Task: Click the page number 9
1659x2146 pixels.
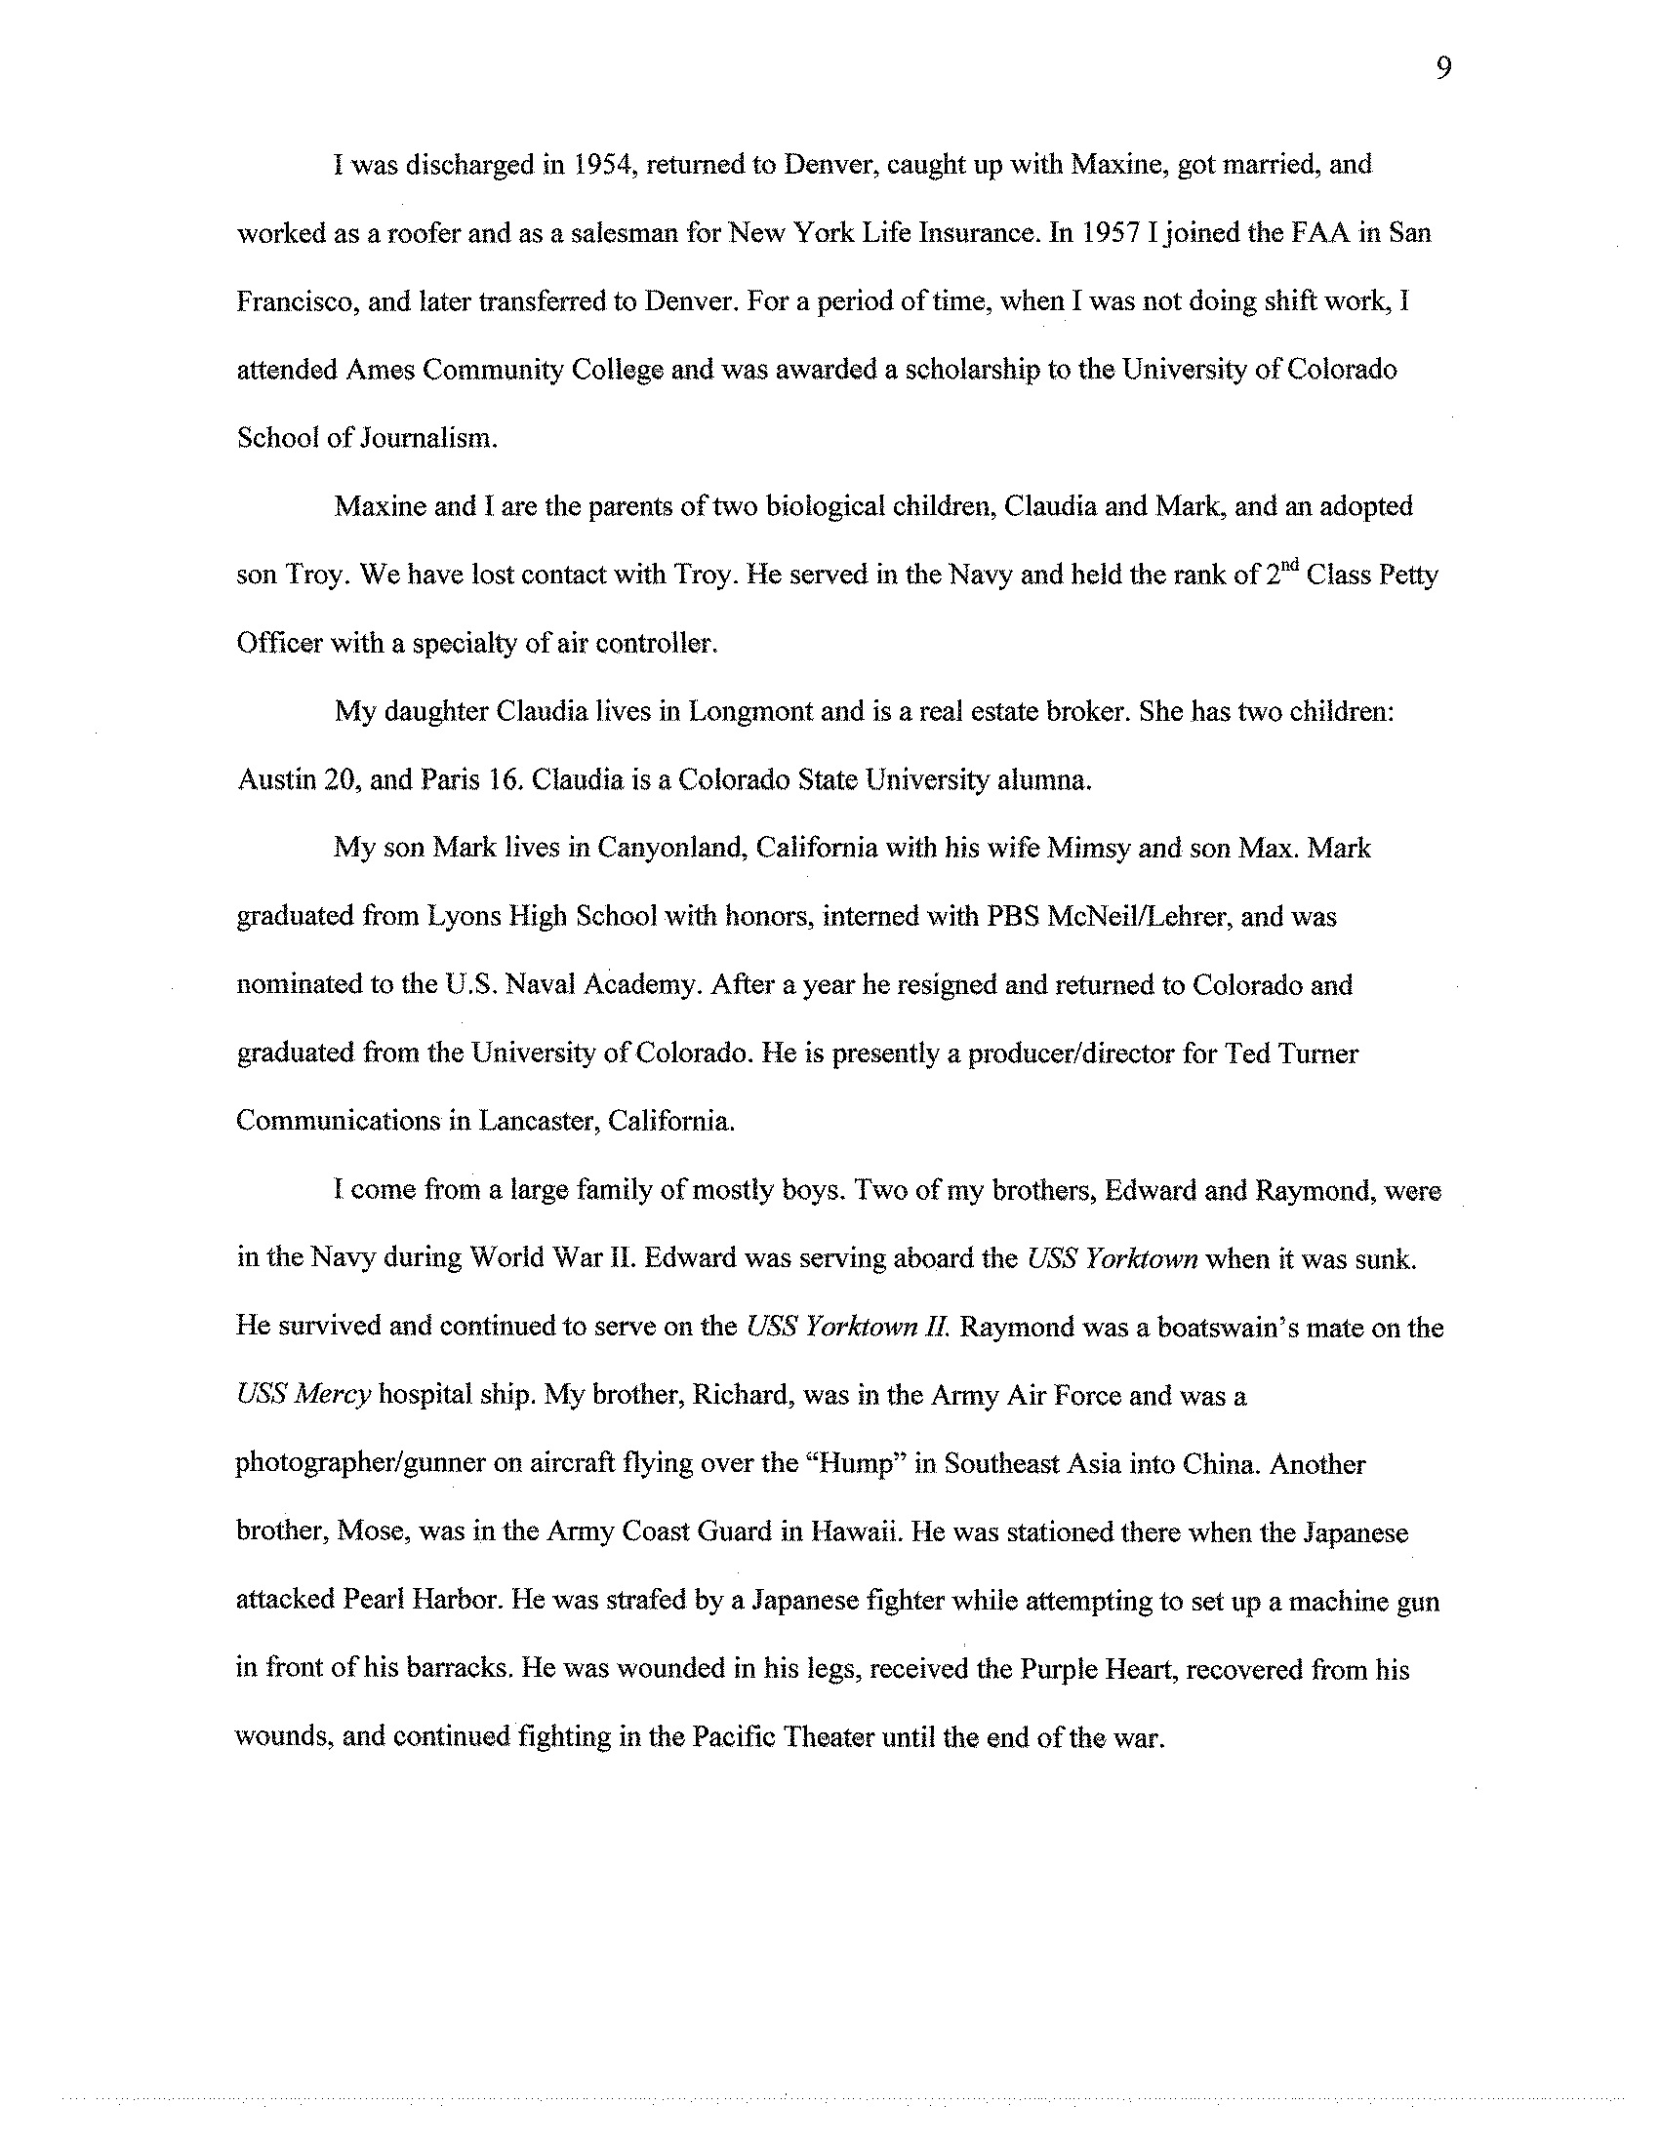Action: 1442,69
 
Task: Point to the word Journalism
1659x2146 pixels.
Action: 428,438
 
